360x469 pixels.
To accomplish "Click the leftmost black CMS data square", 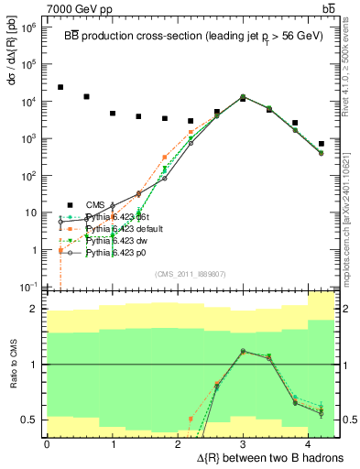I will (60, 88).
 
